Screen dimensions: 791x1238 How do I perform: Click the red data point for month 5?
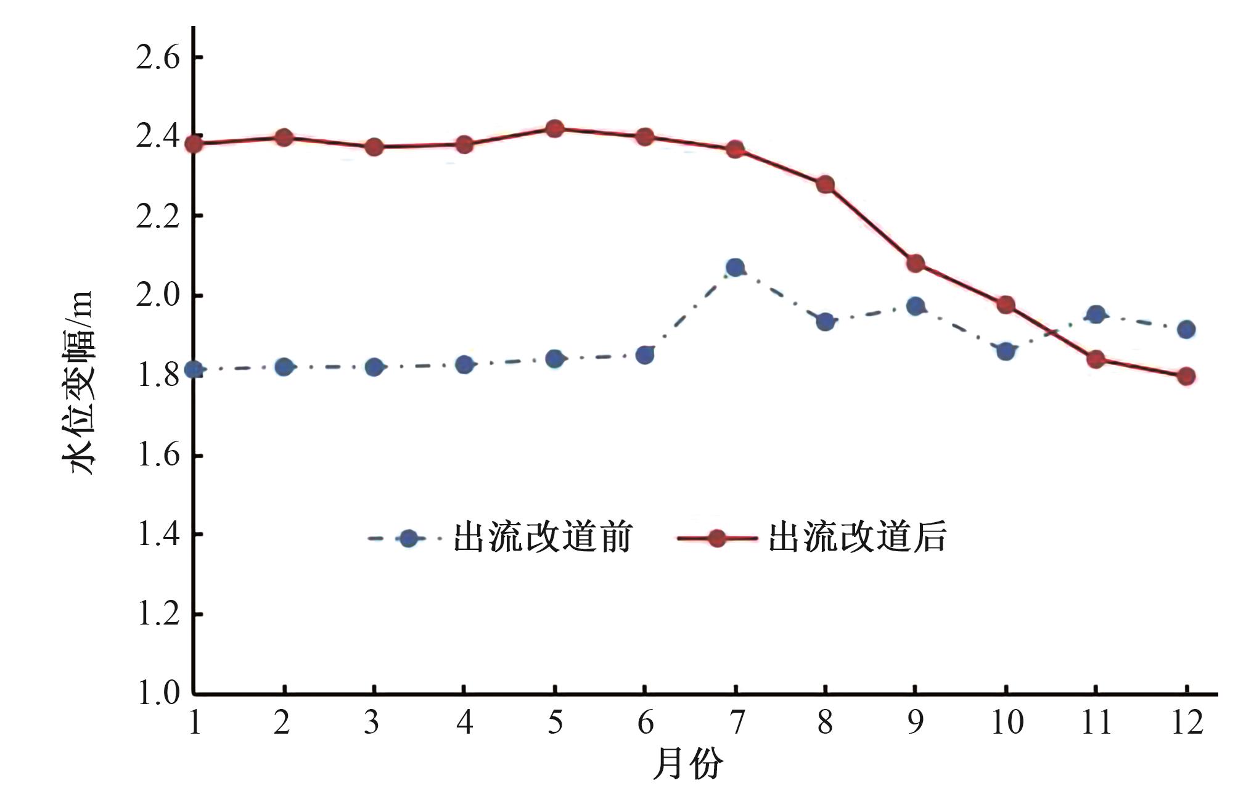(x=555, y=129)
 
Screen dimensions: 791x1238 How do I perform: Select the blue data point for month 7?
(x=735, y=268)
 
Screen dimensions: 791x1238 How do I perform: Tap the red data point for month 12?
(x=1186, y=376)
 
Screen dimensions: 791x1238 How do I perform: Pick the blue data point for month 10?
(x=1006, y=351)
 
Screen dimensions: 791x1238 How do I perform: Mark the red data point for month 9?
(x=916, y=264)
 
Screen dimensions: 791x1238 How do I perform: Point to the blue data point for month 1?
(x=194, y=370)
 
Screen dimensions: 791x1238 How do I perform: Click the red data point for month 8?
(x=826, y=185)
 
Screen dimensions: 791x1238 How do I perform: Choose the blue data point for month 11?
(x=1096, y=314)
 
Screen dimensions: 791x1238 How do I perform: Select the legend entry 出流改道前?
(x=543, y=538)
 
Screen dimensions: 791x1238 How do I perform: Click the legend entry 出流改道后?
(x=857, y=538)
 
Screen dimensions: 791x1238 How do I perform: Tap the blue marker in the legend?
(x=408, y=538)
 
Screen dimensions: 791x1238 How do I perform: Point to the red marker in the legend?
(x=716, y=538)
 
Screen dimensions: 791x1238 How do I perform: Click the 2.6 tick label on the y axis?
(x=158, y=58)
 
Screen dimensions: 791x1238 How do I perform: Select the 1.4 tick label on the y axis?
(x=158, y=534)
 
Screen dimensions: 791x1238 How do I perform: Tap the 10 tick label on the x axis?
(x=1007, y=722)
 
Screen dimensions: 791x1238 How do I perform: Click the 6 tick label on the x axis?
(x=645, y=722)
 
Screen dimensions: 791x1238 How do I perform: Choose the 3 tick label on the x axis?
(x=372, y=722)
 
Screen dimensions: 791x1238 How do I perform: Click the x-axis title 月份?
(x=688, y=764)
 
